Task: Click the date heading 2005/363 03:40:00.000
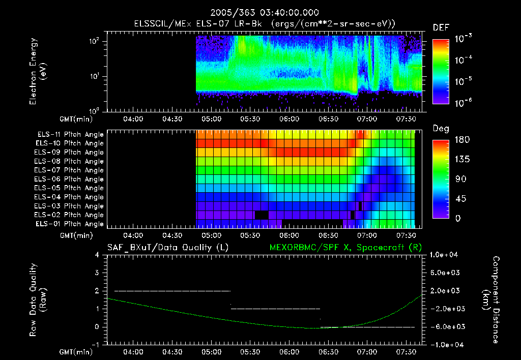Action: (260, 13)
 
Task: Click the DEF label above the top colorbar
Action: (441, 27)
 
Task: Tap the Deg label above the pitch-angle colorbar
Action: (441, 129)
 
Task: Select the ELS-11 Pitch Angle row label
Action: (70, 135)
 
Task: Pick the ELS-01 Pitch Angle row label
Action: (70, 224)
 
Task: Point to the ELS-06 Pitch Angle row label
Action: (70, 179)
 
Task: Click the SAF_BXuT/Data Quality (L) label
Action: (167, 248)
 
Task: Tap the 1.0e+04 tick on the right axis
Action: (445, 255)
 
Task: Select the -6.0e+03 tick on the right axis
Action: (445, 327)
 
